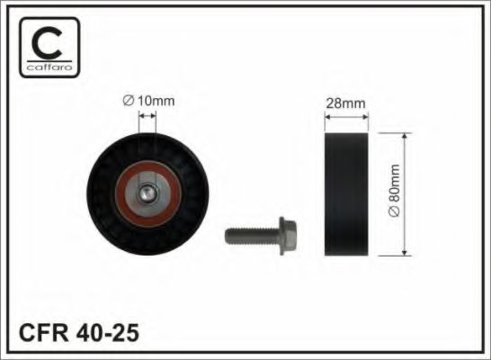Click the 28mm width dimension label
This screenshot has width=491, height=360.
tap(345, 103)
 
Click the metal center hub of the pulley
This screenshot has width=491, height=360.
tap(147, 192)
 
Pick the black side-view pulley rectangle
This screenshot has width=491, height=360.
tap(344, 193)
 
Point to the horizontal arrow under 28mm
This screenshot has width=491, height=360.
tap(345, 118)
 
